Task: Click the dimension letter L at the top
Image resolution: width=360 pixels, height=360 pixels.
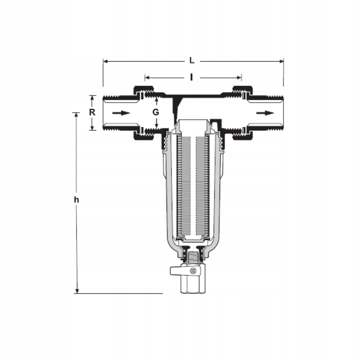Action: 192,60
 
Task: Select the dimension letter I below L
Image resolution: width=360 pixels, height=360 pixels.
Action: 192,77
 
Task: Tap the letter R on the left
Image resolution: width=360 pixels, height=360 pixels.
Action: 92,112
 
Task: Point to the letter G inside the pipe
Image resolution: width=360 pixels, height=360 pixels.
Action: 156,112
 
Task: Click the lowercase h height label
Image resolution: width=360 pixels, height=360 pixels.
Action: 77,199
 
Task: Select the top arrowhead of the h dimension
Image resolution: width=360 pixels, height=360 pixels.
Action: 77,115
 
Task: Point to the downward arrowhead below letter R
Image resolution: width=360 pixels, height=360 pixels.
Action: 92,128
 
